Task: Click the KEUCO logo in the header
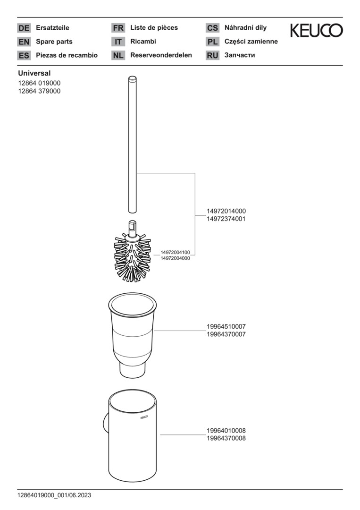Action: pyautogui.click(x=316, y=30)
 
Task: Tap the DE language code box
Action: pyautogui.click(x=24, y=28)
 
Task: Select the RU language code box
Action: pyautogui.click(x=212, y=55)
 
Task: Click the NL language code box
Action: pyautogui.click(x=118, y=55)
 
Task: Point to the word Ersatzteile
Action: pyautogui.click(x=53, y=28)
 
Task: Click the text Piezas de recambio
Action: pyautogui.click(x=67, y=55)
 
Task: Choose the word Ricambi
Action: pyautogui.click(x=143, y=41)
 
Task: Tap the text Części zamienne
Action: pyautogui.click(x=251, y=42)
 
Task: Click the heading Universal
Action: pyautogui.click(x=34, y=73)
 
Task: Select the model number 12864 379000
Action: pyautogui.click(x=39, y=91)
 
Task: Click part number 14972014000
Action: pyautogui.click(x=226, y=211)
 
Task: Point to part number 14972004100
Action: pyautogui.click(x=175, y=252)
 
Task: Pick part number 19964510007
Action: pyautogui.click(x=226, y=326)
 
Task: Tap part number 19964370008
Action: pyautogui.click(x=226, y=438)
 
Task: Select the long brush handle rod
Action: pyautogui.click(x=132, y=144)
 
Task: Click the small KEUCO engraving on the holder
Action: pyautogui.click(x=144, y=417)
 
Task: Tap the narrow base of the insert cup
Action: pyautogui.click(x=132, y=370)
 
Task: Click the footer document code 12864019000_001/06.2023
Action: pyautogui.click(x=54, y=495)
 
